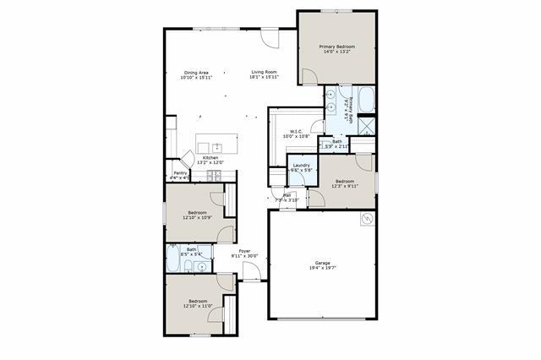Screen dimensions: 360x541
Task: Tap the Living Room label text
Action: [x=264, y=73]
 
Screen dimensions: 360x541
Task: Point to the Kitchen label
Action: [x=210, y=158]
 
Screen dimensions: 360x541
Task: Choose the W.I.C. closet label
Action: [x=296, y=131]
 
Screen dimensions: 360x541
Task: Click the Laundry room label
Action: [x=301, y=165]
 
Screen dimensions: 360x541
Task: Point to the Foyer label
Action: [x=244, y=251]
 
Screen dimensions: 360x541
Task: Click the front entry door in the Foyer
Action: [x=251, y=272]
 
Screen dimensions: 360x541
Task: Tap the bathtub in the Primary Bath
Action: [x=368, y=101]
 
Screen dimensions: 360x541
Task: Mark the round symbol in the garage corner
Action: [x=366, y=219]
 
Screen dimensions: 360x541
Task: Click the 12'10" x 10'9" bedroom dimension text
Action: [x=197, y=217]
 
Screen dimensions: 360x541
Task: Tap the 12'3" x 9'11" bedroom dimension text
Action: [x=345, y=187]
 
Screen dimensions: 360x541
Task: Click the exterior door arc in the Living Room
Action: [x=269, y=39]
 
